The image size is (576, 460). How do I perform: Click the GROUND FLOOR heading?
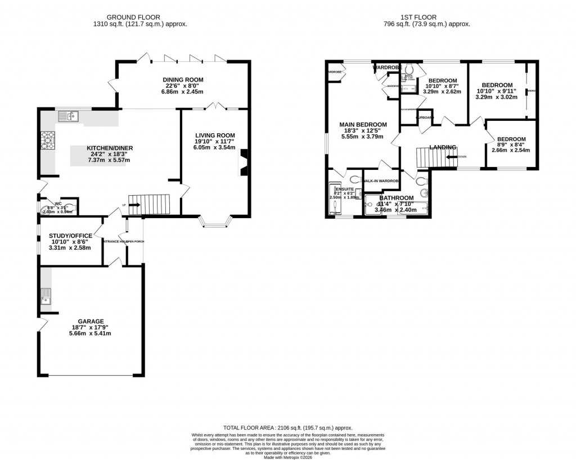pyautogui.click(x=140, y=17)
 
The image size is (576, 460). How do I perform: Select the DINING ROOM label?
pyautogui.click(x=183, y=80)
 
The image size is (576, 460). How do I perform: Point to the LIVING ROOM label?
pyautogui.click(x=215, y=136)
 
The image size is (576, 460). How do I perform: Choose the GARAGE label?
pyautogui.click(x=91, y=321)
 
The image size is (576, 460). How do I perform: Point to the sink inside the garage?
pyautogui.click(x=46, y=297)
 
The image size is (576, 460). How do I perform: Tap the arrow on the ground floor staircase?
pyautogui.click(x=136, y=205)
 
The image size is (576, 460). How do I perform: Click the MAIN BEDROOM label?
pyautogui.click(x=363, y=124)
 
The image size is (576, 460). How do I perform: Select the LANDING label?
pyautogui.click(x=443, y=147)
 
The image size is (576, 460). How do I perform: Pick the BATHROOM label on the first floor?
pyautogui.click(x=396, y=198)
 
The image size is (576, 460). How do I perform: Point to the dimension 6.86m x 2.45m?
pyautogui.click(x=183, y=92)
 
